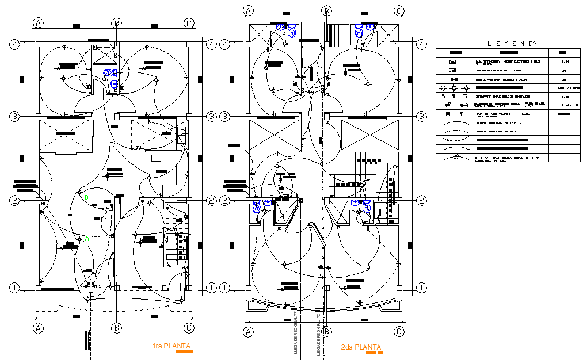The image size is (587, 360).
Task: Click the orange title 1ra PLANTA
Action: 171,346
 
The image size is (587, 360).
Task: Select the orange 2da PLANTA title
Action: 360,347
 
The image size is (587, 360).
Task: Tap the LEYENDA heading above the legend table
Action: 512,44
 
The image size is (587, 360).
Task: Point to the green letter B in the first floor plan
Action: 86,197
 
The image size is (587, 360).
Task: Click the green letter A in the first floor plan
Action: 87,239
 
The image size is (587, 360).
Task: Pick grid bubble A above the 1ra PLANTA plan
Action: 39,23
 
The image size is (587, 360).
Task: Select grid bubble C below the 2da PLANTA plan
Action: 399,332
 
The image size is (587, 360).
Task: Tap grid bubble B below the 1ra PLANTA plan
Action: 117,328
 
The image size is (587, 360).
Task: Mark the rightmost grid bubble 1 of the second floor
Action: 422,287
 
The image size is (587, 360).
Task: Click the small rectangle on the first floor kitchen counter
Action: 156,158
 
